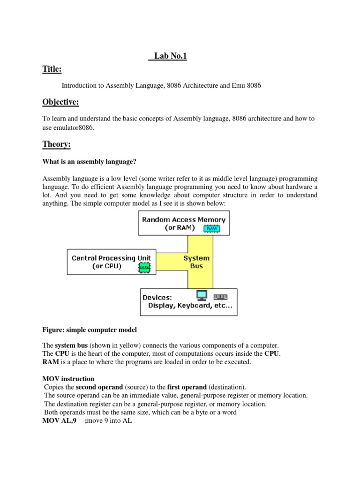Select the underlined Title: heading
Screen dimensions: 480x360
click(52, 69)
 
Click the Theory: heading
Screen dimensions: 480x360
click(56, 145)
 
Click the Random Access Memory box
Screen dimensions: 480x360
click(184, 223)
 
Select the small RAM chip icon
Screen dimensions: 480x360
click(211, 228)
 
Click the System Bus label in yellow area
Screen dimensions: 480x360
click(196, 262)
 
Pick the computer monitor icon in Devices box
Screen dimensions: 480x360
click(202, 295)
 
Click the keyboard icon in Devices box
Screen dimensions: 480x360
click(220, 297)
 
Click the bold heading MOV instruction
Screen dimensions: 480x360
click(68, 379)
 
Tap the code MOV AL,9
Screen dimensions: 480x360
click(60, 421)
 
